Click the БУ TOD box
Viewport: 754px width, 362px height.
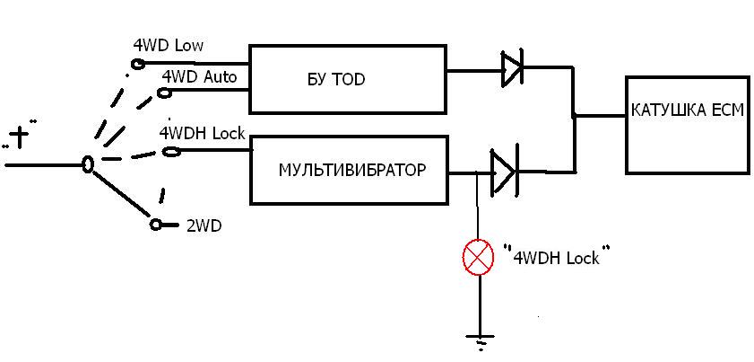[x=347, y=79]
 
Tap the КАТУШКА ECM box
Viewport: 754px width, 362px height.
[x=686, y=124]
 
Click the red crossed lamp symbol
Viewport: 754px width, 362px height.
[x=478, y=259]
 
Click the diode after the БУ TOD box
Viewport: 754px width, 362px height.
[x=512, y=70]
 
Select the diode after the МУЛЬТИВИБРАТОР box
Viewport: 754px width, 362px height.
[x=503, y=169]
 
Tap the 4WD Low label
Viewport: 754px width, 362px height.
[x=168, y=45]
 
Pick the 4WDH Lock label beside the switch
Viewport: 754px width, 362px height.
[x=202, y=133]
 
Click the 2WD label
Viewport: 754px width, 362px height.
[x=204, y=226]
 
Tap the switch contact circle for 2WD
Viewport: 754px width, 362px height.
[x=156, y=224]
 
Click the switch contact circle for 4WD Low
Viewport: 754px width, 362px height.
[x=137, y=63]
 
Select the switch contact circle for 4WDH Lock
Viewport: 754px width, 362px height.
[x=168, y=152]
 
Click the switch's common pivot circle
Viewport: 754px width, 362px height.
[x=88, y=164]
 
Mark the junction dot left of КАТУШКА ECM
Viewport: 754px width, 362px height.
[x=575, y=116]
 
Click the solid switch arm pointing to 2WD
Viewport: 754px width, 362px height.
[x=121, y=193]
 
